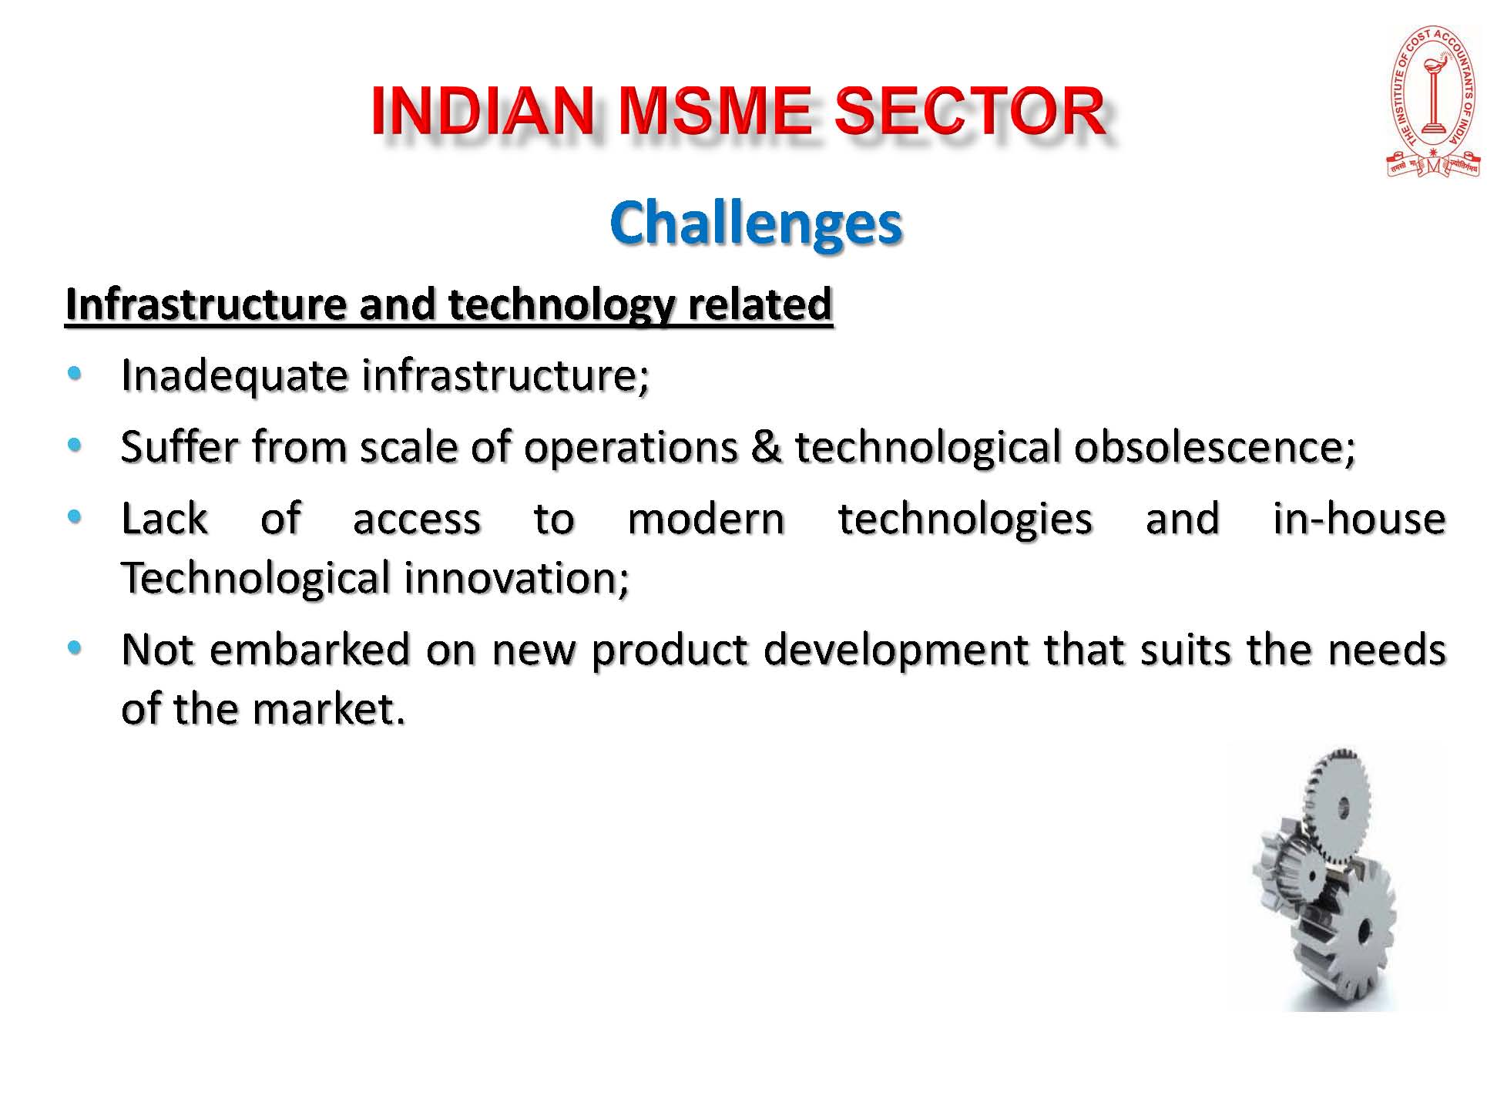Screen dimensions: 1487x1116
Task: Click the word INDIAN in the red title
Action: pos(482,111)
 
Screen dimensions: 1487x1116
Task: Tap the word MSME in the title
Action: pos(714,111)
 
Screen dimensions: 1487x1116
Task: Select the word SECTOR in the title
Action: pos(970,111)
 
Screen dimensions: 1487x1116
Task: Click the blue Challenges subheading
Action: pos(755,224)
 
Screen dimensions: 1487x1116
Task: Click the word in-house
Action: pos(1359,518)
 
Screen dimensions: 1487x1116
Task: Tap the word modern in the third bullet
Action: pos(706,519)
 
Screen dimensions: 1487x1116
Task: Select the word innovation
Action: pos(516,578)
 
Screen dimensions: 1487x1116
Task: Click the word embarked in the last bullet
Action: pos(310,650)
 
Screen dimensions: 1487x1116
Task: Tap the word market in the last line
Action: pos(329,709)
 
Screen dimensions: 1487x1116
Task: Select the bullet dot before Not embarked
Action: pos(74,647)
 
